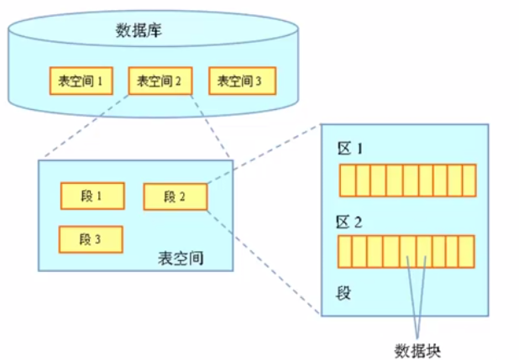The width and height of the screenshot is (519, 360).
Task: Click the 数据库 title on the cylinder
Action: click(x=139, y=30)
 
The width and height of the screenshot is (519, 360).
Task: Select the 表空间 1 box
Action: click(x=81, y=81)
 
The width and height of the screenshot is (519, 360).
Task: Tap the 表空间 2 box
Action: click(x=160, y=81)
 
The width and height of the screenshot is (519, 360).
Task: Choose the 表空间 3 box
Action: click(x=243, y=81)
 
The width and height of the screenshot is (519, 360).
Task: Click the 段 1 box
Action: click(x=92, y=196)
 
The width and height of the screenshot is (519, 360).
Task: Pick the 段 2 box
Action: click(x=176, y=197)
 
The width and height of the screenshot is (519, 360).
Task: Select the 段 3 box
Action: click(x=91, y=239)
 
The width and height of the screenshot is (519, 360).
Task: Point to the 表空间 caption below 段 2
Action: click(x=181, y=258)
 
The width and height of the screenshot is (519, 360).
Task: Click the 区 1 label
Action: click(x=350, y=149)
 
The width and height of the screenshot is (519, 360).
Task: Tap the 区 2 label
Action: click(x=349, y=222)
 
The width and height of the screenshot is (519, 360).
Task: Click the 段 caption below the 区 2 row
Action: click(x=343, y=293)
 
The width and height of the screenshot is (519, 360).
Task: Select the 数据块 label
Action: click(x=417, y=351)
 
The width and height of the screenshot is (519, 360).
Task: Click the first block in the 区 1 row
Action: click(x=348, y=180)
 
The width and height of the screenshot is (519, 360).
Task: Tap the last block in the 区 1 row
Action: click(x=469, y=180)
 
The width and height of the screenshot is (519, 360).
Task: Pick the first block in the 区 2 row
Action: click(x=344, y=252)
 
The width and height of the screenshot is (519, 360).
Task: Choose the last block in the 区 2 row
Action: click(x=467, y=252)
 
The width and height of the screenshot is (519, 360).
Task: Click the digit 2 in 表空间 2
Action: click(x=178, y=81)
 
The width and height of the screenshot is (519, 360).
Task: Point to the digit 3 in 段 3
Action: click(x=97, y=239)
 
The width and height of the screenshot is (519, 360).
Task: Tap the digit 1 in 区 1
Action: click(x=359, y=149)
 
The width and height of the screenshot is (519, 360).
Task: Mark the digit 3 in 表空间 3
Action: click(x=259, y=81)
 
